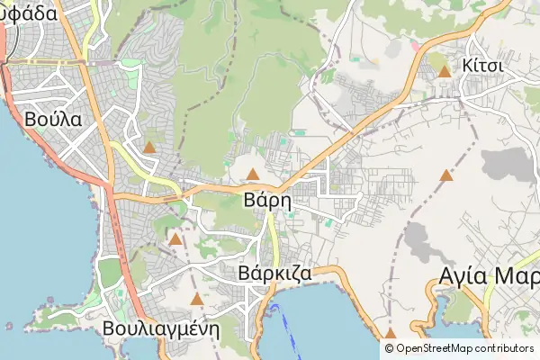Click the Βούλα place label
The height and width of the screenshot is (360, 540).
coord(54,119)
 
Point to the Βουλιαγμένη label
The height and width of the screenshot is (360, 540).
coord(161,328)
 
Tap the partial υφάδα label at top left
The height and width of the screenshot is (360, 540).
coord(29,13)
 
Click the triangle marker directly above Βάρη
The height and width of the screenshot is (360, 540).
coord(254,174)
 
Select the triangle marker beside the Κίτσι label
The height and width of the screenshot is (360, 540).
coord(444,70)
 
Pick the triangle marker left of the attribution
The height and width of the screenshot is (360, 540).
coord(390,333)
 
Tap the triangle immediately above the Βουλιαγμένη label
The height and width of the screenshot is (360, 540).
coord(197,299)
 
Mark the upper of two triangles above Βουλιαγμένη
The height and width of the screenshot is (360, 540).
coord(175,239)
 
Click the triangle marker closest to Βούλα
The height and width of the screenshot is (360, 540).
coord(149,147)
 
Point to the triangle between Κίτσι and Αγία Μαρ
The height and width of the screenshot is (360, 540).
coord(446,175)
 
